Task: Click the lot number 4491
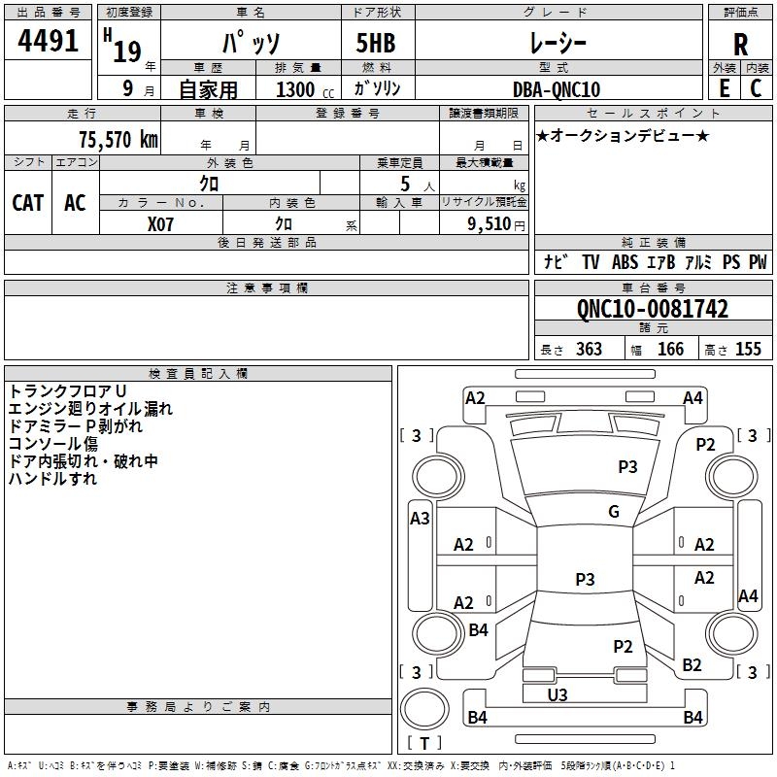[x=49, y=41]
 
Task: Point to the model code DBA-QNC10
[x=556, y=89]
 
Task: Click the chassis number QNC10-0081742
[x=652, y=309]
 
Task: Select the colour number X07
[x=161, y=224]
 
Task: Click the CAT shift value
[x=28, y=202]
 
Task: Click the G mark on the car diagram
[x=614, y=512]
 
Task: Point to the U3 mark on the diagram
[x=557, y=694]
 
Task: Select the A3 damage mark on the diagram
[x=420, y=519]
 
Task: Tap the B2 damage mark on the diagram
[x=692, y=665]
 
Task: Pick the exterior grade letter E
[x=724, y=88]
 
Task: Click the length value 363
[x=589, y=350]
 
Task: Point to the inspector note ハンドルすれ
[x=52, y=479]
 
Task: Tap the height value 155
[x=748, y=350]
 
